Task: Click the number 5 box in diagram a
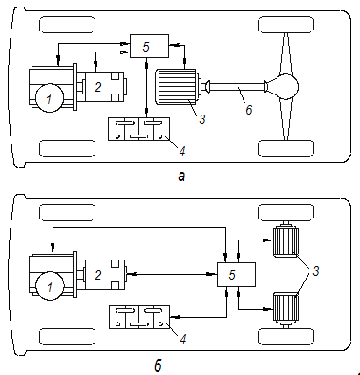click(149, 47)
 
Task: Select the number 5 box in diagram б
click(236, 275)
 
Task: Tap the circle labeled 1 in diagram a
click(50, 98)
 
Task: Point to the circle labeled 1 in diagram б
click(50, 285)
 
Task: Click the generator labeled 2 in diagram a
click(101, 87)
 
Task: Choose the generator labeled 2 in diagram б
click(102, 275)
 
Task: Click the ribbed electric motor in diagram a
click(177, 87)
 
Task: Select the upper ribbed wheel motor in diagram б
click(285, 240)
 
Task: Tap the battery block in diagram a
click(138, 129)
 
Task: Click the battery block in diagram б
click(139, 317)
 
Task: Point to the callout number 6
click(249, 110)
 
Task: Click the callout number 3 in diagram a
click(202, 119)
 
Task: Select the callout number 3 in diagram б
click(315, 271)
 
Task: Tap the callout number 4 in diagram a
click(182, 151)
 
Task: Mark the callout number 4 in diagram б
click(183, 339)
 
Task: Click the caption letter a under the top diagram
click(181, 176)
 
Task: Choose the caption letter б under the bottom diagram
click(158, 365)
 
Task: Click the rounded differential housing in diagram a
click(284, 87)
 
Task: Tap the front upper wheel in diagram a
click(67, 25)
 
